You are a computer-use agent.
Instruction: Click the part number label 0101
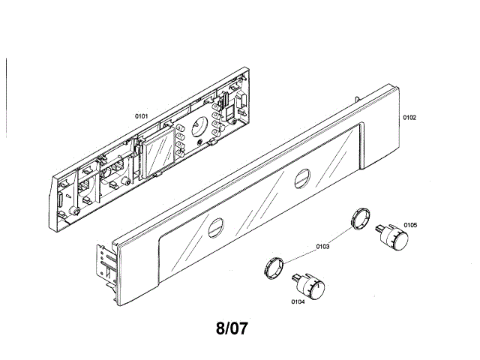point(141,116)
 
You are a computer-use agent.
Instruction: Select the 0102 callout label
point(409,118)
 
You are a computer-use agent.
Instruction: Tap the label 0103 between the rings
point(324,247)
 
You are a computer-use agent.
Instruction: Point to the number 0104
point(298,301)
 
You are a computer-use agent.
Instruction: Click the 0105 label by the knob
point(410,224)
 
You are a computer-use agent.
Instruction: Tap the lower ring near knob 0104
point(273,266)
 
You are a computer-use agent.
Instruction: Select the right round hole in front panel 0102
point(302,179)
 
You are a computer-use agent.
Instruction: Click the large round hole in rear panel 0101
point(199,127)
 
